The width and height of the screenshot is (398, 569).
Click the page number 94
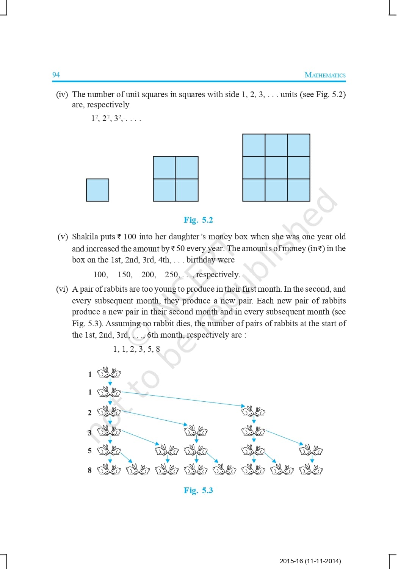pyautogui.click(x=56, y=75)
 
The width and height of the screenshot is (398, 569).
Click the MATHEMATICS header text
pyautogui.click(x=325, y=75)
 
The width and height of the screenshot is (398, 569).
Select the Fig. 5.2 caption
pyautogui.click(x=198, y=220)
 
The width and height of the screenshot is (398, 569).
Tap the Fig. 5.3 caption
pyautogui.click(x=198, y=490)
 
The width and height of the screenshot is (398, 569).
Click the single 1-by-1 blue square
pyautogui.click(x=97, y=190)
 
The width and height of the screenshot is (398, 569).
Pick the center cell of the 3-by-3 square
pyautogui.click(x=276, y=168)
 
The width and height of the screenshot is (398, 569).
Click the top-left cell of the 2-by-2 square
pyautogui.click(x=165, y=168)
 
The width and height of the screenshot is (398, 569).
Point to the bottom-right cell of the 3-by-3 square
pyautogui.click(x=299, y=190)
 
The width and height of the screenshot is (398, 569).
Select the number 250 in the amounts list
pyautogui.click(x=172, y=275)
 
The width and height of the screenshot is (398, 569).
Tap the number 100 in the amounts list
pyautogui.click(x=100, y=275)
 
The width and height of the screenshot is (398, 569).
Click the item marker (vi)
pyautogui.click(x=62, y=289)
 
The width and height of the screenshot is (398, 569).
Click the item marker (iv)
pyautogui.click(x=62, y=94)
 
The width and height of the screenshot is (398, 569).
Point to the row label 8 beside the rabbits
pyautogui.click(x=90, y=470)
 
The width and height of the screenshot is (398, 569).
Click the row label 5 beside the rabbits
pyautogui.click(x=90, y=451)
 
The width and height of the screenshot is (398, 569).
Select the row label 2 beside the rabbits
pyautogui.click(x=90, y=413)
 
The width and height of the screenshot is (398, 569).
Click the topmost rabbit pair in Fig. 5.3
pyautogui.click(x=109, y=373)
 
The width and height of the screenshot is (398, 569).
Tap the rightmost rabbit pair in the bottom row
pyautogui.click(x=311, y=470)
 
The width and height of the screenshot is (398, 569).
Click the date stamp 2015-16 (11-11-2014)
pyautogui.click(x=310, y=561)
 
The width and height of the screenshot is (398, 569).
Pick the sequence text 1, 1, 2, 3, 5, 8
pyautogui.click(x=136, y=349)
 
